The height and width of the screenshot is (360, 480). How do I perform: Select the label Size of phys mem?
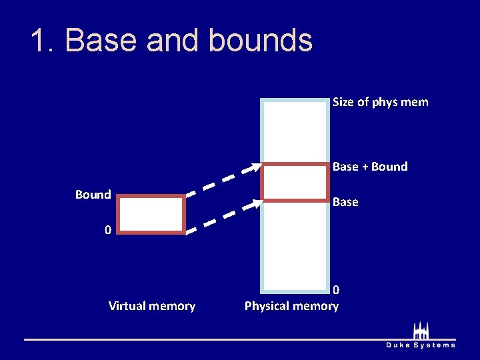(380, 102)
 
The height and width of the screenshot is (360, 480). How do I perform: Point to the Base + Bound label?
(370, 166)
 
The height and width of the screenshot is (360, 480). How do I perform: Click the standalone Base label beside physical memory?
(345, 201)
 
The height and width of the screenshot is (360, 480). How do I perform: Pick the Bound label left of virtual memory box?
(93, 195)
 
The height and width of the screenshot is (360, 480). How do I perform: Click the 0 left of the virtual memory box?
(107, 230)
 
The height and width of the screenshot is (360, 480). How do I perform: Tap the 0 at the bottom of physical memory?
(336, 290)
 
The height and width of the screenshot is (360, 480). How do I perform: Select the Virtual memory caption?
(152, 306)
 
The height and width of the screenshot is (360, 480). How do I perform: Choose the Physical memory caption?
(291, 306)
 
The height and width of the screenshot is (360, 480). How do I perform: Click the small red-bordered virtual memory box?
(152, 214)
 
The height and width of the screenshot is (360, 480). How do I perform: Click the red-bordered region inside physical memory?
(295, 182)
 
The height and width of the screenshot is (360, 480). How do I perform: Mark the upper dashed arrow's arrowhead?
(257, 167)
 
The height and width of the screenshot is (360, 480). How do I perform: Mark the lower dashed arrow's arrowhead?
(257, 202)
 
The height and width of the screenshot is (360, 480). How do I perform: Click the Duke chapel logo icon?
(421, 331)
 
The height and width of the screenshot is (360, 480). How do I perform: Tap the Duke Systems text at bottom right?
(421, 345)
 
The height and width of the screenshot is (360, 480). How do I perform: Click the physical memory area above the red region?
(295, 131)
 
